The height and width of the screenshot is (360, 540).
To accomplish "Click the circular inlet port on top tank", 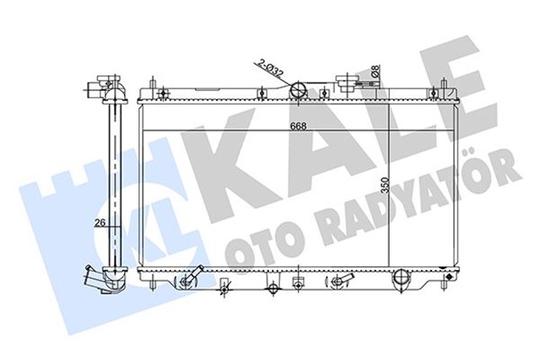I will point(296,91).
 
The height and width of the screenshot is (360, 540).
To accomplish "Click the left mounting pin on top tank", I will point(151,87).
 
